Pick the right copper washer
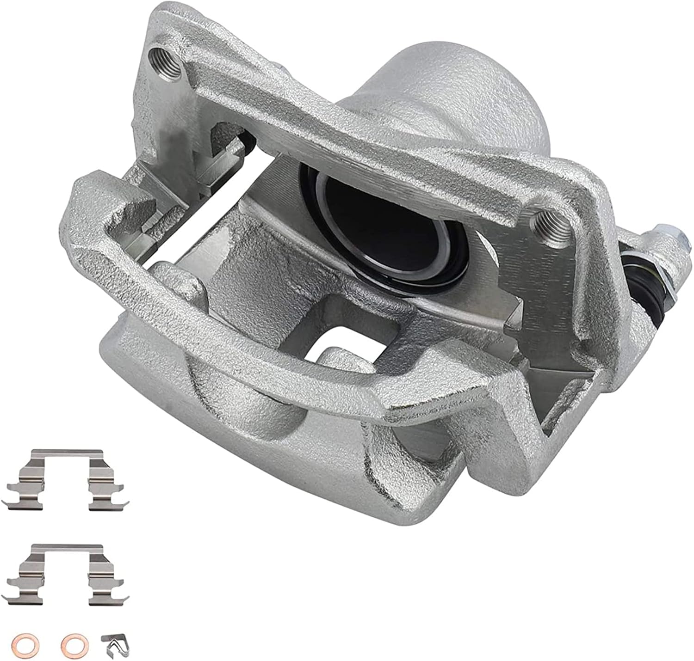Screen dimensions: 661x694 click(x=71, y=643)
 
